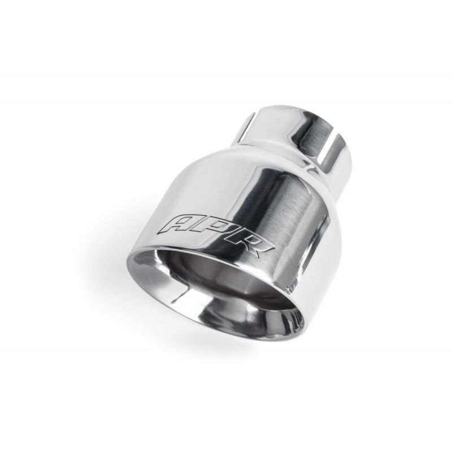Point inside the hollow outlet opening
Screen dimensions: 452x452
point(231,277)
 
